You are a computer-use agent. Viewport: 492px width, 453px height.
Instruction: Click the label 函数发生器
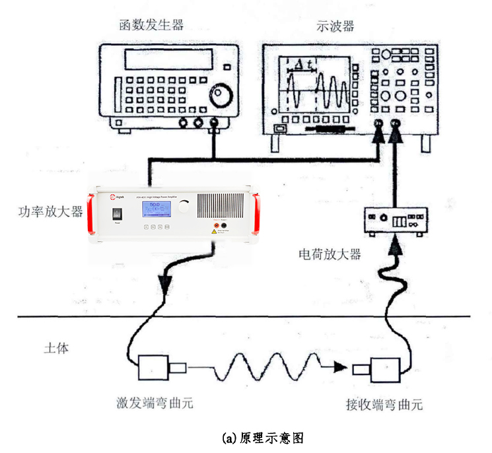click(151, 26)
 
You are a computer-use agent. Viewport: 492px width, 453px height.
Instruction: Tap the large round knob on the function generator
click(221, 96)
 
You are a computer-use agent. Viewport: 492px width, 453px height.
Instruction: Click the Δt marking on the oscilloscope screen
click(304, 65)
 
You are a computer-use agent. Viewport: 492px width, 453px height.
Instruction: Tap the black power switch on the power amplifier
click(118, 214)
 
